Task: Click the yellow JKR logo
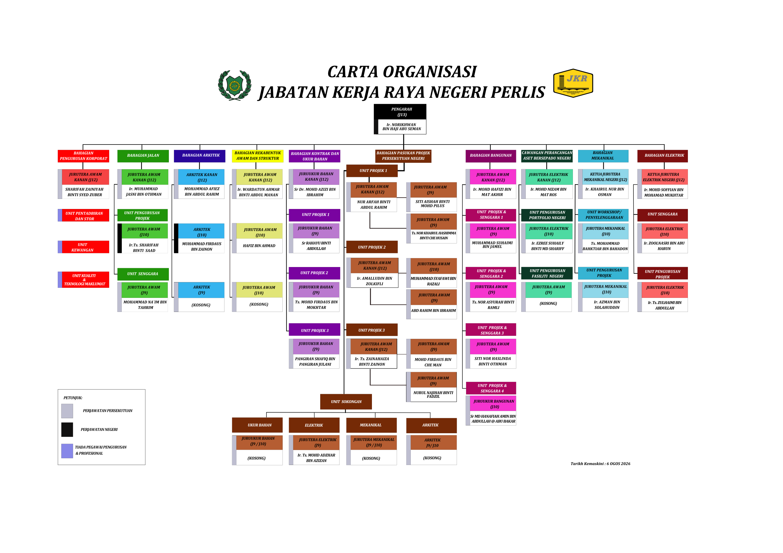(x=573, y=83)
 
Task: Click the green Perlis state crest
(x=235, y=85)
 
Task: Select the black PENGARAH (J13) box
(x=400, y=112)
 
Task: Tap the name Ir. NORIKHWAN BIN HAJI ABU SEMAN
(x=402, y=127)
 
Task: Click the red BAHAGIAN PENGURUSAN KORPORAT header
(x=83, y=156)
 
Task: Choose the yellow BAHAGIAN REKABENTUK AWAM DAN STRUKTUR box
(x=258, y=156)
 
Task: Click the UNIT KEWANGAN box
(x=83, y=247)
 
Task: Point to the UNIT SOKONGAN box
(x=346, y=402)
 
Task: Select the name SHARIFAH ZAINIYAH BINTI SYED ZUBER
(x=85, y=192)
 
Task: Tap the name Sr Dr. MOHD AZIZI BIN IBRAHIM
(x=315, y=192)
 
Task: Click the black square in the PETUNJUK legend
(x=67, y=430)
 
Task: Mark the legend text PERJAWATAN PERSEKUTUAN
(x=108, y=411)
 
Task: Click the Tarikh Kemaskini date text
(x=600, y=464)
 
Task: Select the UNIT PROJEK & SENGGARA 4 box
(x=491, y=388)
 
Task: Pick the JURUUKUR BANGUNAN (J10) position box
(x=493, y=404)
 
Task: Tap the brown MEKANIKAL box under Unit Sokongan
(x=371, y=425)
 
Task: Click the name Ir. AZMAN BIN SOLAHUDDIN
(x=607, y=305)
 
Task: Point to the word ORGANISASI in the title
(x=430, y=72)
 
